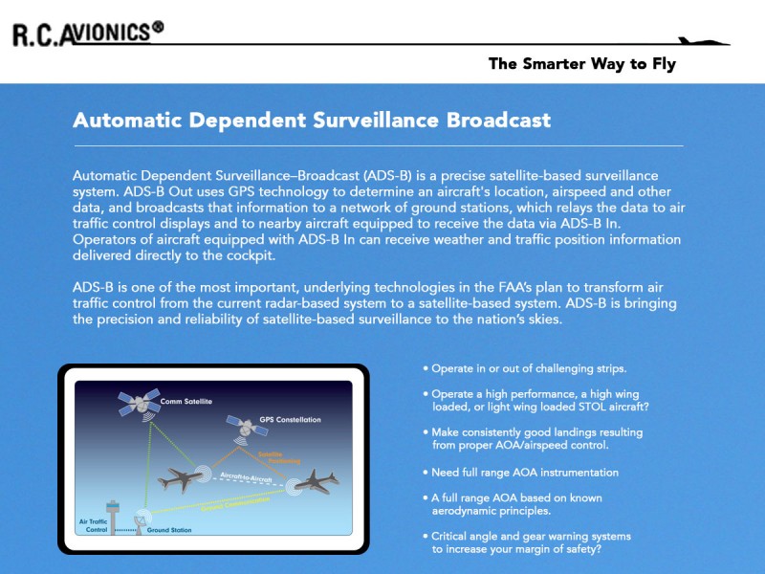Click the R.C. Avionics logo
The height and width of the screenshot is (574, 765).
click(x=86, y=33)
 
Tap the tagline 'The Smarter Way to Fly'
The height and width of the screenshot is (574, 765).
click(x=581, y=65)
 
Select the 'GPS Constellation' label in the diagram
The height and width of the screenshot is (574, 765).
click(x=290, y=419)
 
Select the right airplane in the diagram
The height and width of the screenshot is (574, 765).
click(x=318, y=481)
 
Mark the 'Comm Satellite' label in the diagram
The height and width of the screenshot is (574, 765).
click(x=186, y=401)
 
